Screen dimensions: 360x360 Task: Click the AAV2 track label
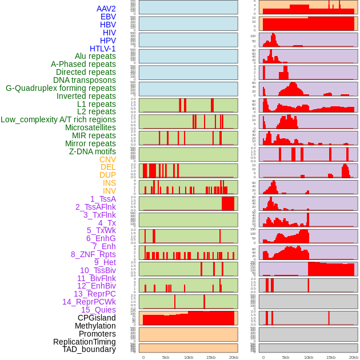coord(106,9)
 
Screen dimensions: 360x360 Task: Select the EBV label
coord(108,17)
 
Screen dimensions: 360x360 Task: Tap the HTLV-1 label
coord(102,49)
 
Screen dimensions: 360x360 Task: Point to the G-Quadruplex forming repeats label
coord(61,88)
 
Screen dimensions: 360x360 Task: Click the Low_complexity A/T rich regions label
coord(58,119)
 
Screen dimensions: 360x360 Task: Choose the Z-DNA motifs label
coord(92,151)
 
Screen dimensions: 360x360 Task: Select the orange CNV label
coord(107,159)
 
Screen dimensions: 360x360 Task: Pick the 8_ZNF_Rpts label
coord(93,254)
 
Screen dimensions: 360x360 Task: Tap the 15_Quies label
coord(98,310)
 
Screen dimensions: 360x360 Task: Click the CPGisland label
coord(97,318)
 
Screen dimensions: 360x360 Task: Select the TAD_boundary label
coord(89,349)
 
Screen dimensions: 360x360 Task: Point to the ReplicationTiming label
coord(84,342)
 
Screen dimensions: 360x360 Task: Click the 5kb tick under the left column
coord(166,357)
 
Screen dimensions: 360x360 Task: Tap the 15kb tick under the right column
coord(330,357)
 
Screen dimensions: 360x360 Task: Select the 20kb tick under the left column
coord(233,357)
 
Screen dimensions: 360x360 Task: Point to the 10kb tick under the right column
coord(308,357)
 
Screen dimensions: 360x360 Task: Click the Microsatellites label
coord(90,127)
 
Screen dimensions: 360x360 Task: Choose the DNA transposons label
coord(85,80)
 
